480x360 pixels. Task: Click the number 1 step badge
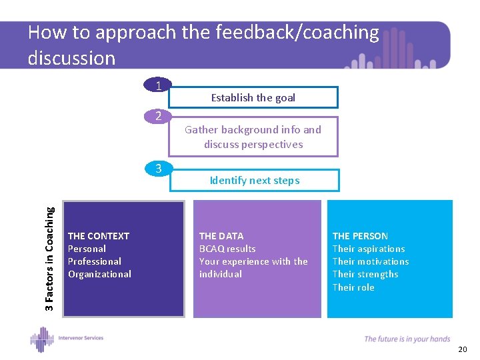158,85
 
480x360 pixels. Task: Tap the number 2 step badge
158,116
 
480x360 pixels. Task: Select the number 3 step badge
158,169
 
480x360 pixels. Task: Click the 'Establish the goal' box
253,97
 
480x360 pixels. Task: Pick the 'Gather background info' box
253,137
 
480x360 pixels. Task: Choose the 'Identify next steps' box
255,180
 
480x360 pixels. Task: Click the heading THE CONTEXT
99,236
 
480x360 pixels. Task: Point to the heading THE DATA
221,236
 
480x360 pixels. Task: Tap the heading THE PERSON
360,236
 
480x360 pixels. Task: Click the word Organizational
99,274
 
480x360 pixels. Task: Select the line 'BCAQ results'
227,249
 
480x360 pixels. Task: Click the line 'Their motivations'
371,261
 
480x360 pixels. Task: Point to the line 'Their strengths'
365,274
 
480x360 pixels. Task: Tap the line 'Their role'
353,287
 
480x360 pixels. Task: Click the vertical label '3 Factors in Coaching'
50,257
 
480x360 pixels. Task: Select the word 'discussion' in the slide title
71,58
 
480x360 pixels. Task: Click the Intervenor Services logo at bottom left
67,339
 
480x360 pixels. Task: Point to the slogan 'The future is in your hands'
407,339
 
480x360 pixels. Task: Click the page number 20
463,349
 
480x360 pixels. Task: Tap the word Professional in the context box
95,261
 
